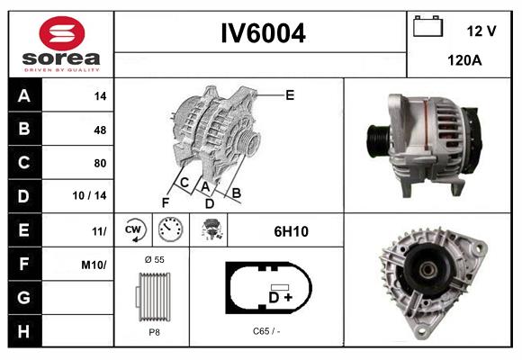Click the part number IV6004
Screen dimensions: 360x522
point(264,34)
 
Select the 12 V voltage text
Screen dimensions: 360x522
point(481,31)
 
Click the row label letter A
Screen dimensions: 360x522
point(23,95)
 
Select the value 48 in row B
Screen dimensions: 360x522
point(100,130)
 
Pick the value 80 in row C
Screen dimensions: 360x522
point(100,164)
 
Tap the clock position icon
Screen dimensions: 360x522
point(170,230)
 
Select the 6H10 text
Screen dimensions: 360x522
point(291,231)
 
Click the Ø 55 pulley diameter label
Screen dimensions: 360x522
point(153,258)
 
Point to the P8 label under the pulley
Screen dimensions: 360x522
point(154,332)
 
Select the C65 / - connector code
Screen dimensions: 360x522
point(266,331)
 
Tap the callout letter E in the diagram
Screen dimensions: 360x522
point(290,94)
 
